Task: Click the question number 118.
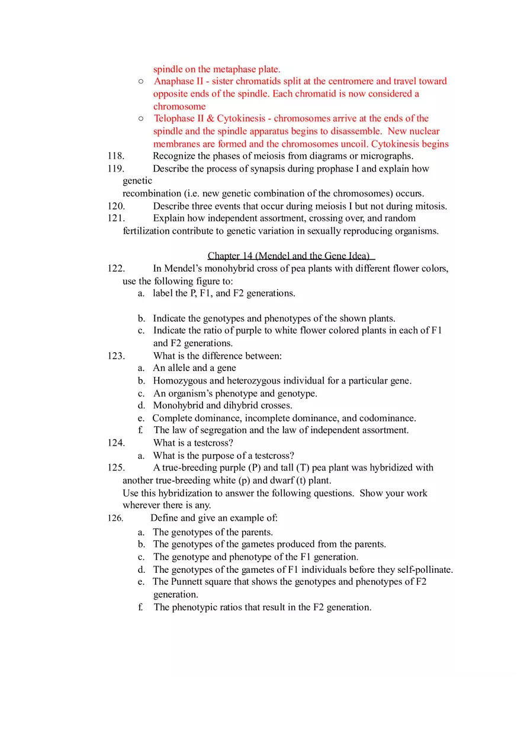[x=115, y=156]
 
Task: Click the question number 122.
[x=115, y=269]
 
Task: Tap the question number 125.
[x=115, y=468]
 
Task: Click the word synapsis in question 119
[x=268, y=169]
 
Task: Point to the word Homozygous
[x=180, y=381]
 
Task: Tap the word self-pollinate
[x=424, y=569]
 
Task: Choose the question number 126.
[x=115, y=518]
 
